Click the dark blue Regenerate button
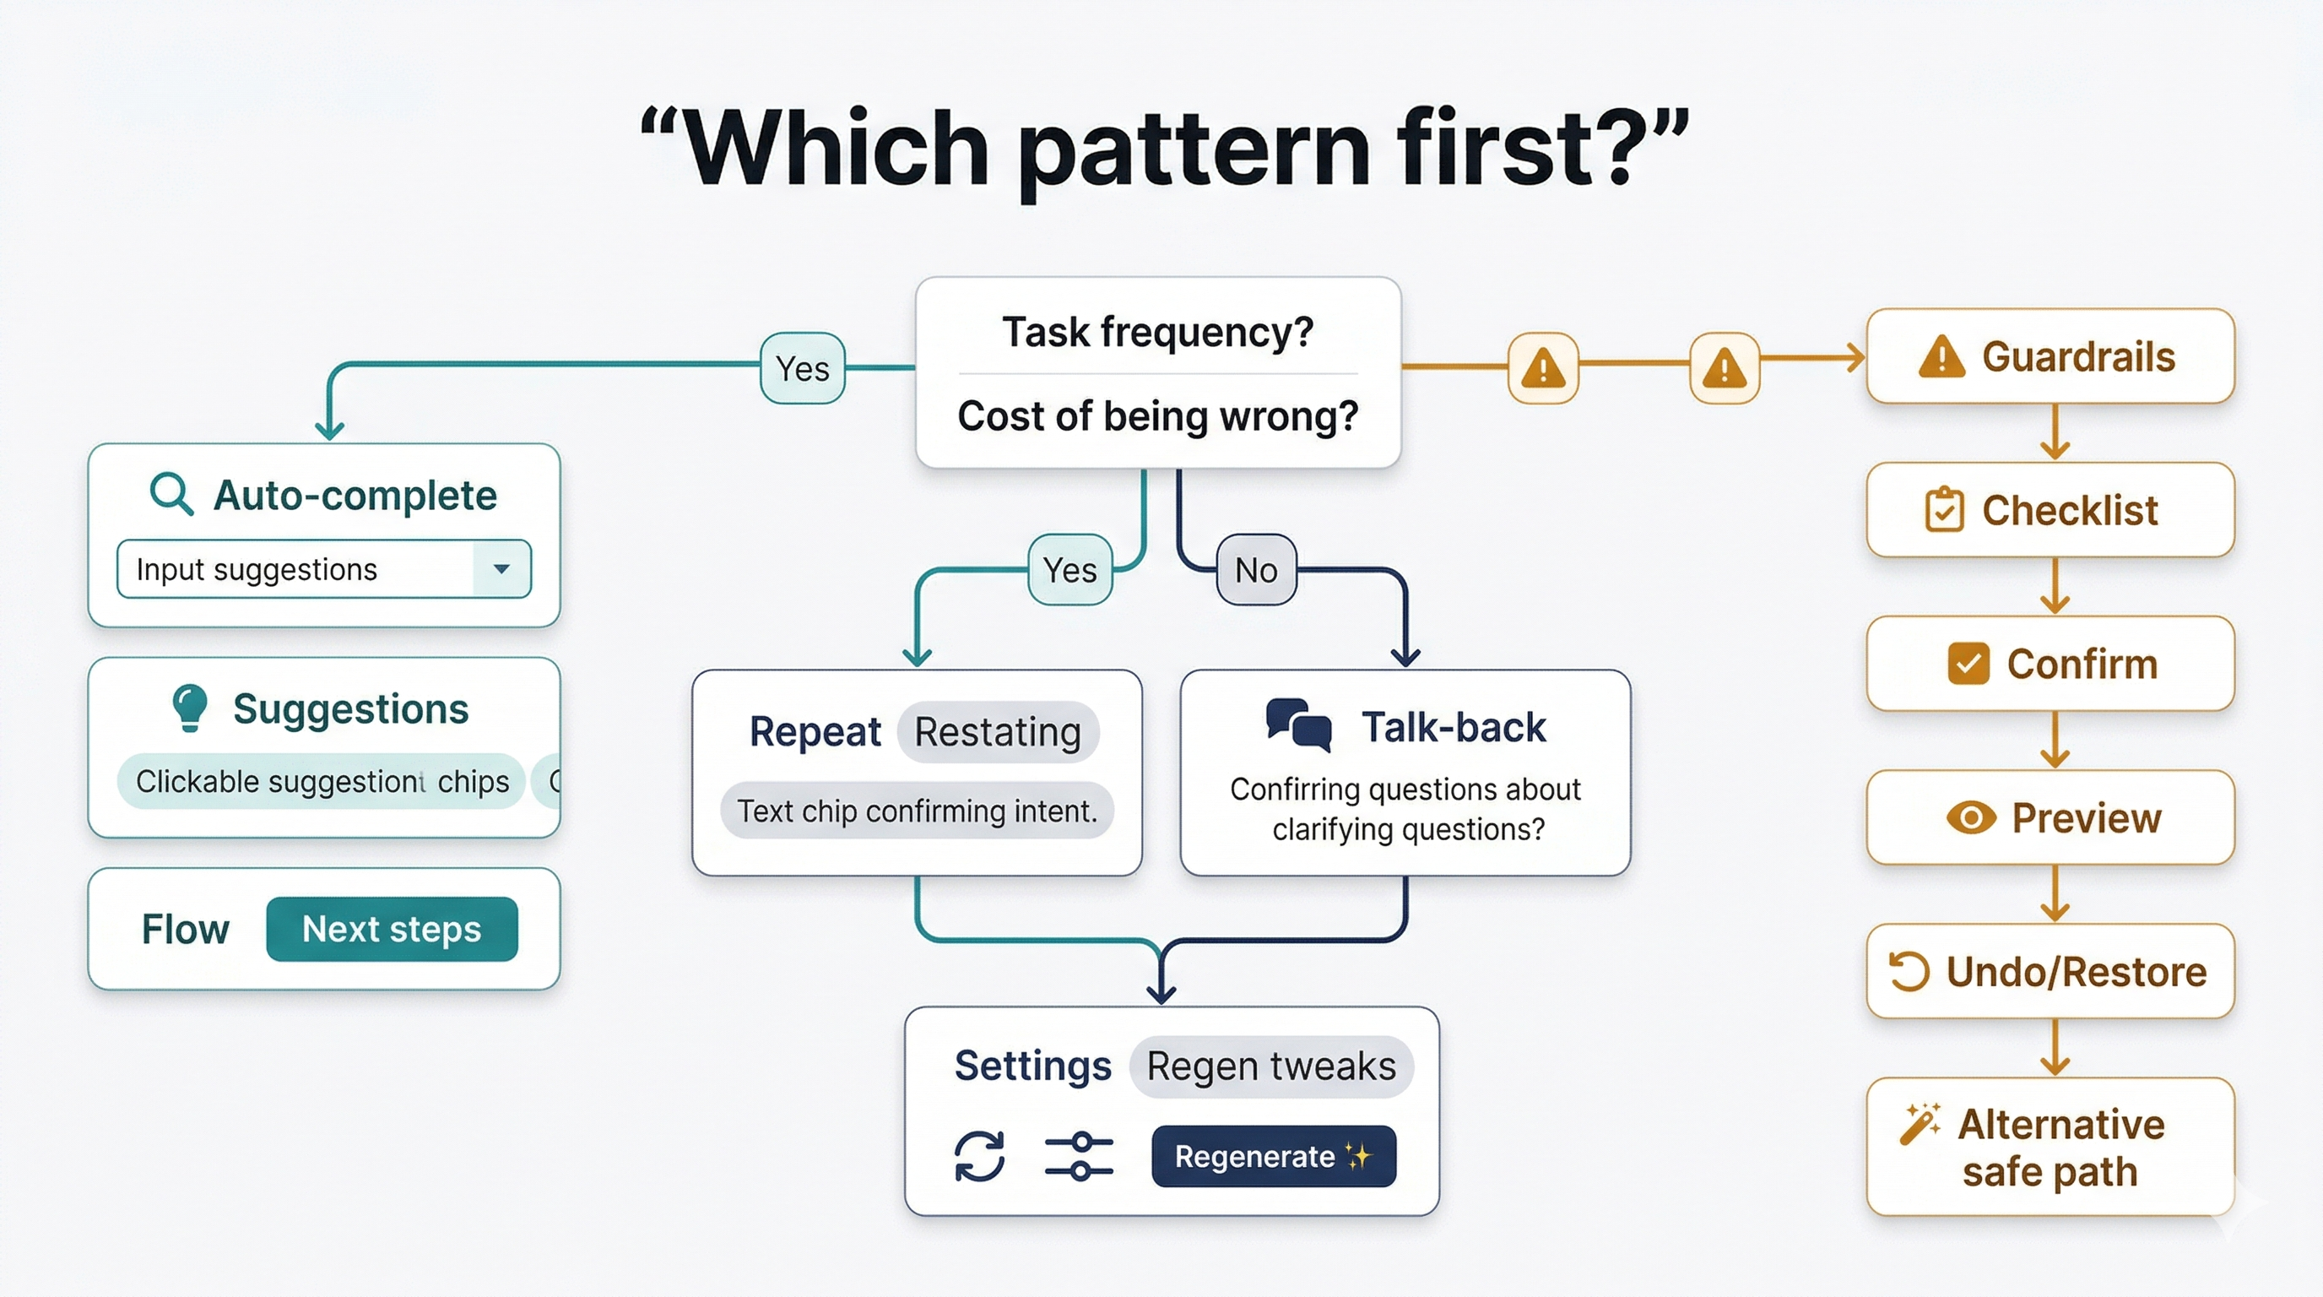(x=1272, y=1155)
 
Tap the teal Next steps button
(x=392, y=928)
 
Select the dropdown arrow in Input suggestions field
(x=501, y=568)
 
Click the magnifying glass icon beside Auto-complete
(x=171, y=493)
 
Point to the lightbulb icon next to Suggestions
(x=189, y=706)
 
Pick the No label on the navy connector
(x=1255, y=570)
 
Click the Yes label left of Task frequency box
(x=802, y=368)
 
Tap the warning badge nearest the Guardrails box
(x=1724, y=368)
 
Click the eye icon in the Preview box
(x=1969, y=818)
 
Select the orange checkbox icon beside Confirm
(x=1968, y=664)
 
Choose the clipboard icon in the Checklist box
(x=1943, y=510)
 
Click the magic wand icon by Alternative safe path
(x=1919, y=1124)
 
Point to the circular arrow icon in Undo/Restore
(x=1909, y=971)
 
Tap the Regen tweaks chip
(x=1270, y=1066)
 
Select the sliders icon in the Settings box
(x=1079, y=1155)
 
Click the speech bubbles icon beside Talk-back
(x=1298, y=724)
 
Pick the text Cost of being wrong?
(x=1157, y=415)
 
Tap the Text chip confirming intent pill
(x=916, y=810)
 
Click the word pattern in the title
(x=1199, y=149)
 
